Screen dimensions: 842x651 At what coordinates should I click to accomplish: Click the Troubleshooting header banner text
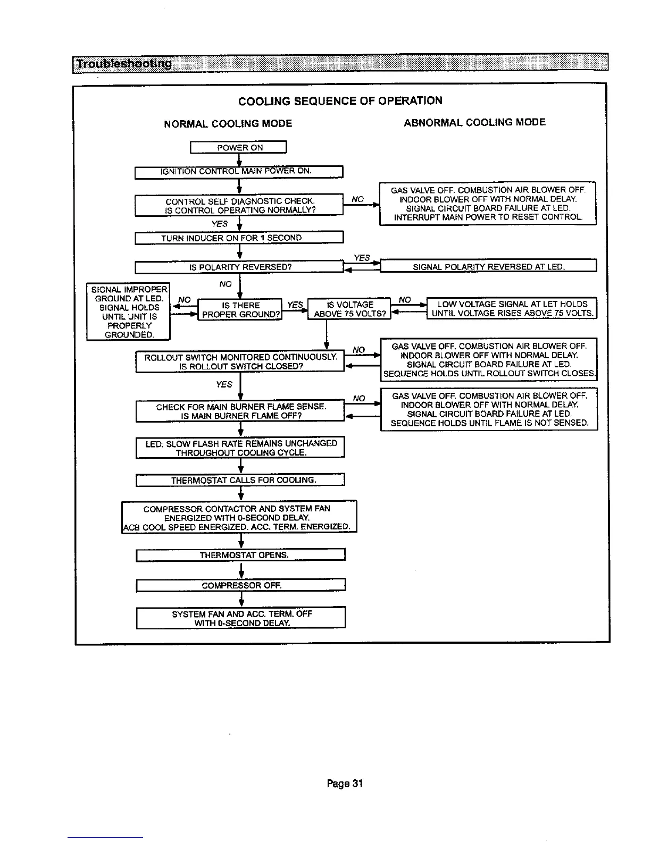point(124,65)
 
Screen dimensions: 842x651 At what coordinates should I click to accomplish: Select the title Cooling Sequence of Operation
point(340,101)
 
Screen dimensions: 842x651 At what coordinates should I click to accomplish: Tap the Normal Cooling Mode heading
point(228,124)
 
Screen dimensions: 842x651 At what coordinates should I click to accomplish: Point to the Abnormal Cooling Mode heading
point(474,123)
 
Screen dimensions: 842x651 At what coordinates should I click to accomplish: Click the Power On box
point(239,148)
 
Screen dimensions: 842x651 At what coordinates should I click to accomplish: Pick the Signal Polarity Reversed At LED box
point(488,266)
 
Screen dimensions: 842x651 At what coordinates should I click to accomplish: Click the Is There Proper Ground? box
point(240,309)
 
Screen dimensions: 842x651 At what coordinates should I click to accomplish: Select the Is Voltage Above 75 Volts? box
point(350,309)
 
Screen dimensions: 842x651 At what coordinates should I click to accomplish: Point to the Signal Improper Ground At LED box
point(128,311)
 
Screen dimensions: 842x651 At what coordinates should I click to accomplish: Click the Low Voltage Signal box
point(512,308)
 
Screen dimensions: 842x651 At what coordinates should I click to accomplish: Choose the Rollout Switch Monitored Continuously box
point(240,361)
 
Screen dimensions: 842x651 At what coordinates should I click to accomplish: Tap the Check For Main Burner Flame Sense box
point(240,411)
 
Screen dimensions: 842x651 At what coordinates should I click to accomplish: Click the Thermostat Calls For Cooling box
point(241,480)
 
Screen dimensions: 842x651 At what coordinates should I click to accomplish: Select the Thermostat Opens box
point(241,555)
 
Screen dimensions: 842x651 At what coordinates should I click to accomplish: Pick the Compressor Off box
point(241,585)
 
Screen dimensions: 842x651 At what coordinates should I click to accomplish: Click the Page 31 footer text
point(345,783)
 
